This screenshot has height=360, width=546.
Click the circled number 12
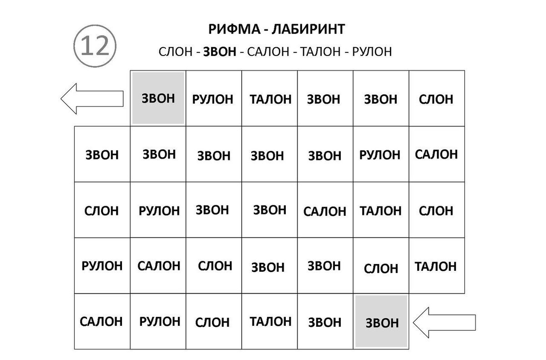pos(95,46)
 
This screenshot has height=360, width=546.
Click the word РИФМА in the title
pos(234,29)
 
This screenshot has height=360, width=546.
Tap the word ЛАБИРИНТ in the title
pos(308,29)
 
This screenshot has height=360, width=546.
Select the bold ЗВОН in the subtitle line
pos(220,52)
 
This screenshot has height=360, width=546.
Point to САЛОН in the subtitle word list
pos(268,52)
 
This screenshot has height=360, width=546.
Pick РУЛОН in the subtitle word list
pos(372,52)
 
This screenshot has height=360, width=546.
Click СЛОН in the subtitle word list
pos(176,52)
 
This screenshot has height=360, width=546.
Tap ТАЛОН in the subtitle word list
pos(320,52)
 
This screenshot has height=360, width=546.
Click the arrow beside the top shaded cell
pos(92,99)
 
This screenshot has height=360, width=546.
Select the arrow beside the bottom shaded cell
pos(444,323)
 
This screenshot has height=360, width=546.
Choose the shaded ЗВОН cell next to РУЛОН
pos(158,98)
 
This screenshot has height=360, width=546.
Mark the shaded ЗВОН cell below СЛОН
pos(381,321)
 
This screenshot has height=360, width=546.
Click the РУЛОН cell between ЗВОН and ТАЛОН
pos(214,98)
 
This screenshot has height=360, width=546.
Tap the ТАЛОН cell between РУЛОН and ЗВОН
pos(269,98)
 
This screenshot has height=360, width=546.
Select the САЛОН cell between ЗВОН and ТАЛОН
pos(325,210)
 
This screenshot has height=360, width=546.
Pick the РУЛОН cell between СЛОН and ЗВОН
pos(158,210)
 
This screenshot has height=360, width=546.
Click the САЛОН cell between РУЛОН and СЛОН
pos(158,266)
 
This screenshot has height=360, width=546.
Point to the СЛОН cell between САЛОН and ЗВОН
pos(214,266)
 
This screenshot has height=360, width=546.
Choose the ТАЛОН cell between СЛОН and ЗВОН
pos(269,321)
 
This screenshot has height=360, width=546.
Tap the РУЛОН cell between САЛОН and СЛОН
pos(158,321)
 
